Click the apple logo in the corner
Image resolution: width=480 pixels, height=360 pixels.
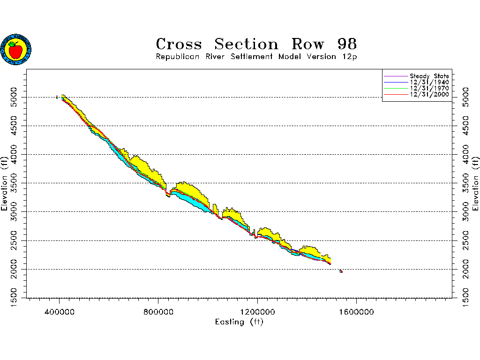pos(16,49)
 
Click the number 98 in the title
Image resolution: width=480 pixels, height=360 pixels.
pos(347,45)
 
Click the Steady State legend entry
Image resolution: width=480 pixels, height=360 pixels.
pos(429,76)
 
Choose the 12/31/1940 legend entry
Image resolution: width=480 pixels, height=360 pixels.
pos(429,82)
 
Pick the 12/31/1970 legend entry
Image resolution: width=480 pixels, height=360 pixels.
pos(429,88)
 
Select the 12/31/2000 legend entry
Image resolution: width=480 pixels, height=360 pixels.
pos(429,94)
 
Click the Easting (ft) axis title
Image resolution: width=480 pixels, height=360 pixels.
pos(239,322)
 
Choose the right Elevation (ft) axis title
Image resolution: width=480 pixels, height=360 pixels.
pos(476,184)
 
